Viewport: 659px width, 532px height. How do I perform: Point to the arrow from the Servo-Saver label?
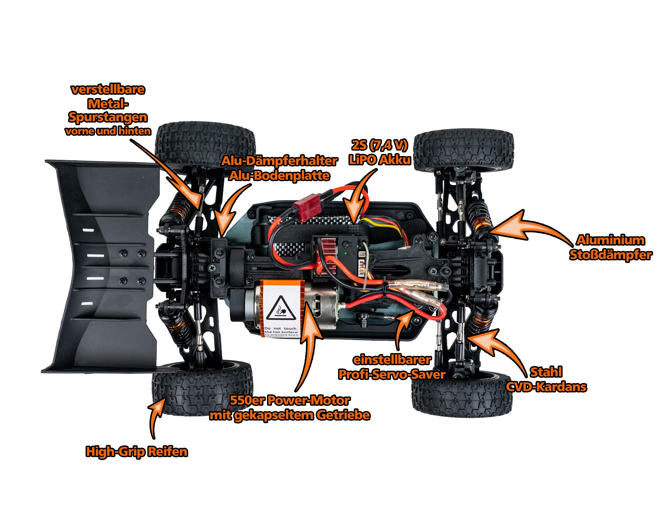click(401, 328)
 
